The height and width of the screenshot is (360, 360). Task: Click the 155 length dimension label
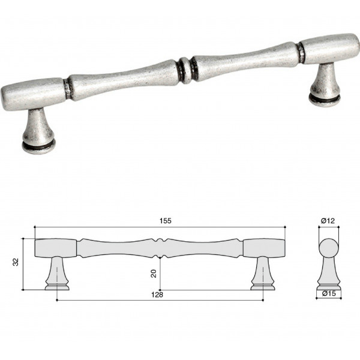166,221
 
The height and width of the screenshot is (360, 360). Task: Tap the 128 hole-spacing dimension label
157,295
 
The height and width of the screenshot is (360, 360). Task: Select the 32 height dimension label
16,262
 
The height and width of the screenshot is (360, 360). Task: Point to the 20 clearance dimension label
154,274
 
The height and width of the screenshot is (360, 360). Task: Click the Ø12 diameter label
328,221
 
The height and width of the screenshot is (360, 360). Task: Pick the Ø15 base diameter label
329,293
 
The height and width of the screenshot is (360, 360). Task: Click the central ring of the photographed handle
185,70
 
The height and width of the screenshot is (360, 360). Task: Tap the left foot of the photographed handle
38,131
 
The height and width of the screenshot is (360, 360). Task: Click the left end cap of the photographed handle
32,94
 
